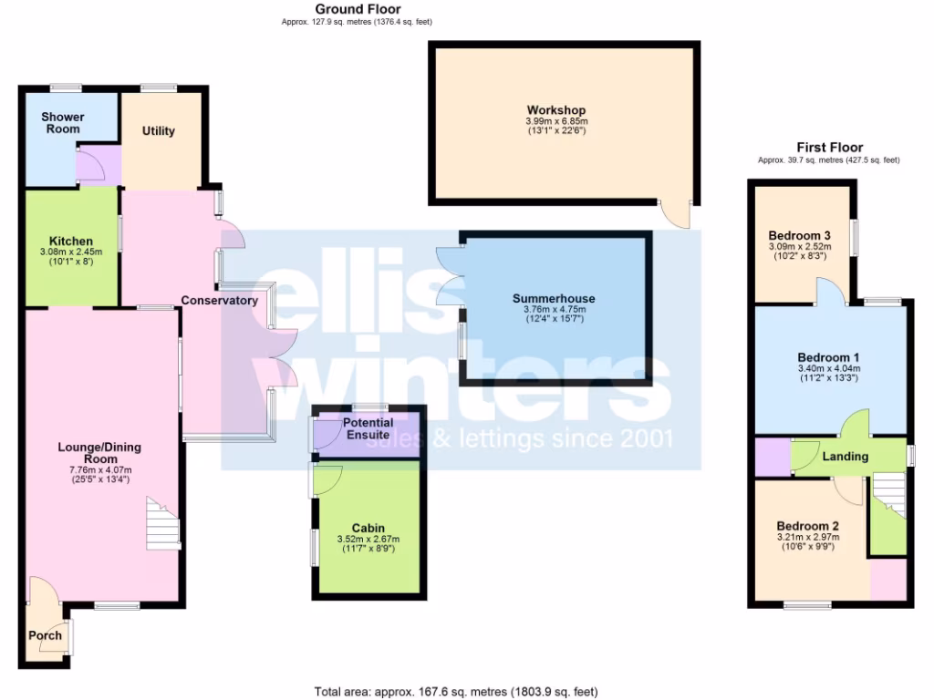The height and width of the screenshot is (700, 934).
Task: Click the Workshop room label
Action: [555, 110]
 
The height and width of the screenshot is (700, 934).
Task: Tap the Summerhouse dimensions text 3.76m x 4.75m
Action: [554, 309]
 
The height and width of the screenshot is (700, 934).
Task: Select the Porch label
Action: [45, 635]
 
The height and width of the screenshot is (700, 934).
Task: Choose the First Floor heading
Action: [828, 148]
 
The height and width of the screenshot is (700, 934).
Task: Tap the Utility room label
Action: [158, 131]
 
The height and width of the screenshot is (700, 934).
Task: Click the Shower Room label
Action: [63, 122]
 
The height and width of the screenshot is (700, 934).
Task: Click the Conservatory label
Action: [219, 300]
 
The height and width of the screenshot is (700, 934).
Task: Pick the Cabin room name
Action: [368, 528]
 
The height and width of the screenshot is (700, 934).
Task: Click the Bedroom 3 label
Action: [798, 234]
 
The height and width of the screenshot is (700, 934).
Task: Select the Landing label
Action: [845, 456]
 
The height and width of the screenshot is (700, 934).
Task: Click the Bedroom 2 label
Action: [807, 526]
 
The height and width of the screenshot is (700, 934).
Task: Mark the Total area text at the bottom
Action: [456, 692]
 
